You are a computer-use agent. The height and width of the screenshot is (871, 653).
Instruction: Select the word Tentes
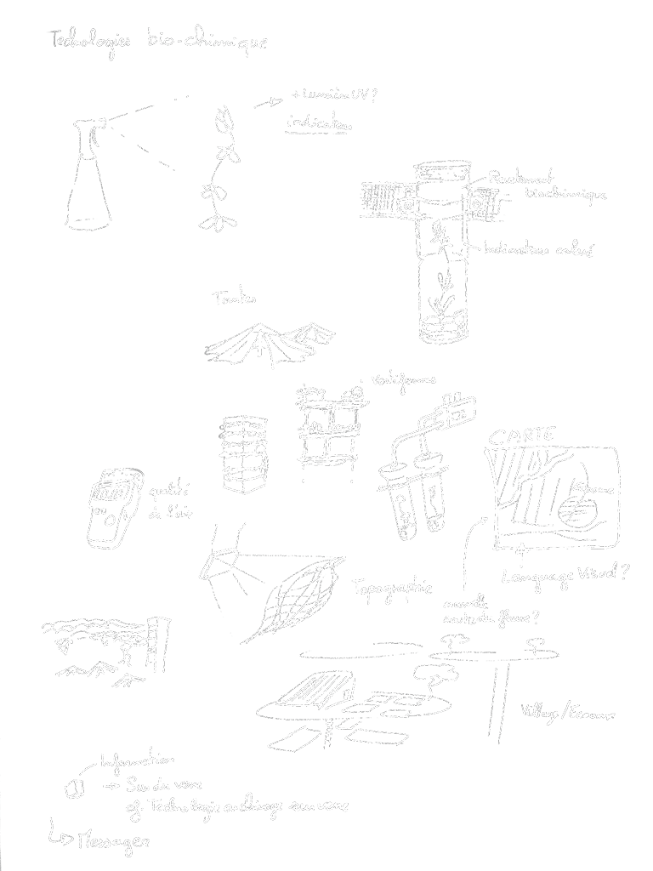(235, 299)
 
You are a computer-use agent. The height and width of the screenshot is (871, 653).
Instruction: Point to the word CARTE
(521, 435)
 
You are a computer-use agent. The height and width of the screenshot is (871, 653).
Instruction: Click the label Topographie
(392, 588)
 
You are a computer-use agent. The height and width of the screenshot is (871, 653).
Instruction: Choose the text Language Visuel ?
(565, 576)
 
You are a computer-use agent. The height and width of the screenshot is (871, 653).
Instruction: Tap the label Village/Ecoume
(567, 713)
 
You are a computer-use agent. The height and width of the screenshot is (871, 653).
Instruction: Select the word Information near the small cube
(138, 761)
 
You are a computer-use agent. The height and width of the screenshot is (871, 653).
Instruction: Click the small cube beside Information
(75, 788)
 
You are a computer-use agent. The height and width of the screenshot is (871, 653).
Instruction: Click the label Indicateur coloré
(537, 250)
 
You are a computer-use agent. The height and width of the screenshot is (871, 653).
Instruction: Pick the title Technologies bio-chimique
(158, 40)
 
